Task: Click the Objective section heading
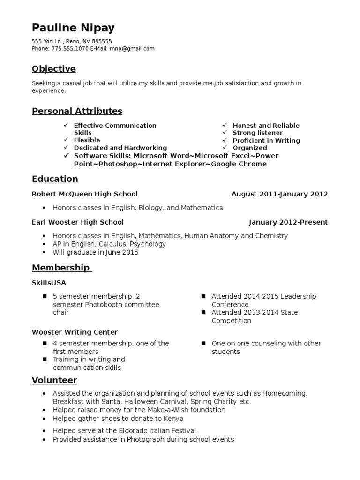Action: (x=53, y=69)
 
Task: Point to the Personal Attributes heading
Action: (x=77, y=111)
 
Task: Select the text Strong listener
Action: (x=258, y=133)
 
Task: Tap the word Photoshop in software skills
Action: (x=118, y=164)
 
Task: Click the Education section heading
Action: (x=55, y=179)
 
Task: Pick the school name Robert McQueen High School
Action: (x=85, y=194)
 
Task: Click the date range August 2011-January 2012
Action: (x=279, y=194)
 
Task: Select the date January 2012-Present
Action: (x=288, y=222)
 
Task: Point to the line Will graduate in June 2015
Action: (x=96, y=253)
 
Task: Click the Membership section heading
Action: (x=60, y=268)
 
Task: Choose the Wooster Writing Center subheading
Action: (x=75, y=332)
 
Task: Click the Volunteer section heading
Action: (x=54, y=380)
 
